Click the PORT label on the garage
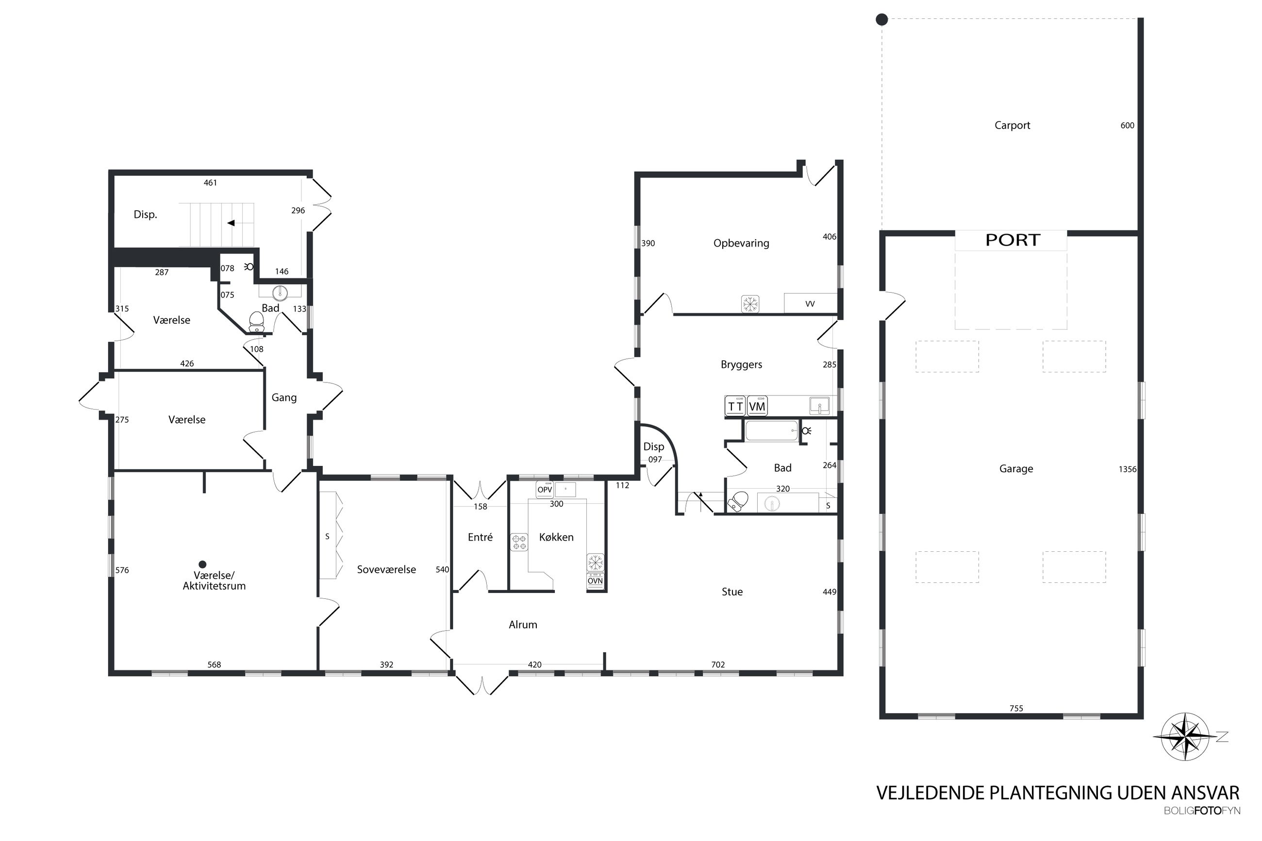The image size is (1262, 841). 1013,240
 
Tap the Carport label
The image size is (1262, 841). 1012,126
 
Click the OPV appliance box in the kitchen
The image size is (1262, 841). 545,490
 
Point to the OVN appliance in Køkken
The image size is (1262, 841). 595,581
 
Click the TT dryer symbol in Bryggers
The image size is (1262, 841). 735,407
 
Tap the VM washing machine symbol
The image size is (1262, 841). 757,407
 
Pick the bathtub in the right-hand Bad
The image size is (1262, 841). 771,430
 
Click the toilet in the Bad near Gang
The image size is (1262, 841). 257,322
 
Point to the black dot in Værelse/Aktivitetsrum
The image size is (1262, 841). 202,564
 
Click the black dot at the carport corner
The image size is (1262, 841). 882,20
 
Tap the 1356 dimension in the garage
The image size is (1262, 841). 1128,469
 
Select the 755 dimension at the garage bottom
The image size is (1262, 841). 1016,709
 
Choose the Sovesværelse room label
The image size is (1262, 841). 386,570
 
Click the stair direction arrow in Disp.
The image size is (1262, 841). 231,223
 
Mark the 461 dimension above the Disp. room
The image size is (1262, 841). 210,183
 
